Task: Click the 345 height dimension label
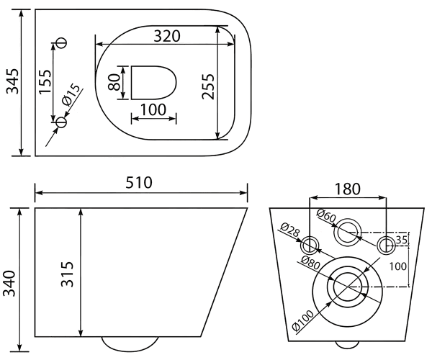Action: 13,81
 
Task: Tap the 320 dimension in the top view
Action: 167,36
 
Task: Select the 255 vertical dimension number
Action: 208,86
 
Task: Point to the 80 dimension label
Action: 114,83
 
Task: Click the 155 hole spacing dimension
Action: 45,81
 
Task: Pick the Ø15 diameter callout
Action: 71,95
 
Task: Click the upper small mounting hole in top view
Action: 61,42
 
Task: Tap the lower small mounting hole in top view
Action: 61,122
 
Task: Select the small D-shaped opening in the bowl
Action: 153,82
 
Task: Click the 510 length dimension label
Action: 139,183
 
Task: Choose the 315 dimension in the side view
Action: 67,274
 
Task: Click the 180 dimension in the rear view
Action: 347,189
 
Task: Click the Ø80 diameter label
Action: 310,263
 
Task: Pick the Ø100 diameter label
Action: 302,320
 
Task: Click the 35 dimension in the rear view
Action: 402,240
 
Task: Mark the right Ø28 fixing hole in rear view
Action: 386,245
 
